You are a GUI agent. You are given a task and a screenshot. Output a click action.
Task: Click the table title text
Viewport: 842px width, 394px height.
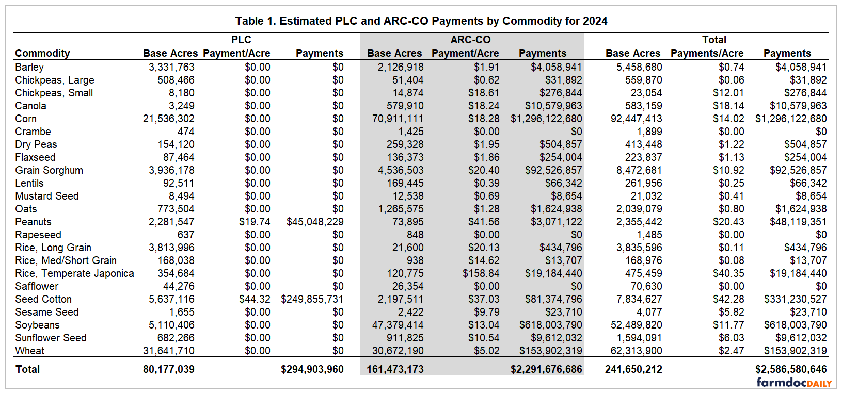pyautogui.click(x=421, y=21)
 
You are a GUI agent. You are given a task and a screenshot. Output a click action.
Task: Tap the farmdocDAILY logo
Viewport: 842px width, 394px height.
pyautogui.click(x=794, y=383)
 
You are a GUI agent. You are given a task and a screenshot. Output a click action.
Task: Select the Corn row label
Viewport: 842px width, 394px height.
pyautogui.click(x=26, y=119)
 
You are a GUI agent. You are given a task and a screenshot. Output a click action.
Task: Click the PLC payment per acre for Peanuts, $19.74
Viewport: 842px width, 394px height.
pyautogui.click(x=255, y=222)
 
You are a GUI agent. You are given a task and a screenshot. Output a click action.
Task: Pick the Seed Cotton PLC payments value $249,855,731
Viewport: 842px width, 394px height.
pyautogui.click(x=312, y=299)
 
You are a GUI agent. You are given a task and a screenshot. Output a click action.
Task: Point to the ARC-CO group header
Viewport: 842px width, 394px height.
pyautogui.click(x=470, y=40)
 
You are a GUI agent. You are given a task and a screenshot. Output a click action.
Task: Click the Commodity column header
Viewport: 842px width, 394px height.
pyautogui.click(x=42, y=53)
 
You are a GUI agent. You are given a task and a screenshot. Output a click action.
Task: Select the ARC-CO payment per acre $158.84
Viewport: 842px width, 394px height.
pyautogui.click(x=481, y=273)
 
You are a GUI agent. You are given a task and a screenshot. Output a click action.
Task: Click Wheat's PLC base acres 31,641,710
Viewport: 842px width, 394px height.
pyautogui.click(x=169, y=351)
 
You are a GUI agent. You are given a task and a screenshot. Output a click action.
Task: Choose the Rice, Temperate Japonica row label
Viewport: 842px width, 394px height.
pyautogui.click(x=74, y=273)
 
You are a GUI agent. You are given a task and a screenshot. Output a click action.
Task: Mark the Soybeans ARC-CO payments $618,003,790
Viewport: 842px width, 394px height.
pyautogui.click(x=550, y=325)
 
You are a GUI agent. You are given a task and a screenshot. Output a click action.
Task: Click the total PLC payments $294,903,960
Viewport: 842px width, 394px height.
pyautogui.click(x=312, y=369)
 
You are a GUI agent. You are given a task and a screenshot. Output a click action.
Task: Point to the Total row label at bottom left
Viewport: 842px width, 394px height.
pyautogui.click(x=27, y=369)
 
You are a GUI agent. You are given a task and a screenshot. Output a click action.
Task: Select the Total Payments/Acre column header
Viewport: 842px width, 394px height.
pyautogui.click(x=707, y=53)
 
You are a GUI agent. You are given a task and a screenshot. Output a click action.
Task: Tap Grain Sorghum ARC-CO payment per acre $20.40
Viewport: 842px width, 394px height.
pyautogui.click(x=484, y=170)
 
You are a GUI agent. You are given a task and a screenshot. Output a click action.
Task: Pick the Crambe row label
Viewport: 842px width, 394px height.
pyautogui.click(x=33, y=132)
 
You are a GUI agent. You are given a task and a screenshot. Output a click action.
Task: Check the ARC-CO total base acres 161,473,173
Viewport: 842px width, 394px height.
pyautogui.click(x=395, y=369)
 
